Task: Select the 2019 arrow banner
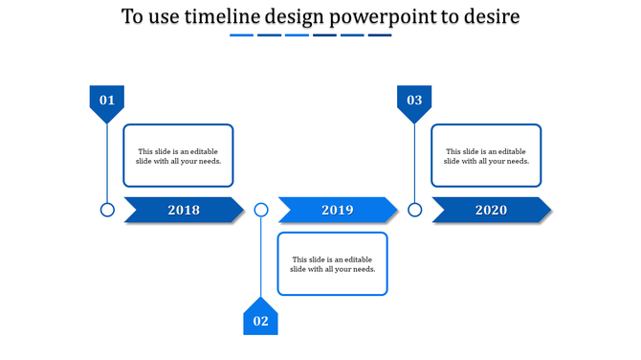point(338,210)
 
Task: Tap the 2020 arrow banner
point(491,210)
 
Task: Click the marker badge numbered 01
point(107,101)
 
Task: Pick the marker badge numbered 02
point(260,319)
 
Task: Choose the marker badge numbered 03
point(414,101)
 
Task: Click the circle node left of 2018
point(107,210)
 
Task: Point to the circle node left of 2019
point(261,210)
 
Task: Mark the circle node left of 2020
point(414,210)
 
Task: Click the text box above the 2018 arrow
point(178,155)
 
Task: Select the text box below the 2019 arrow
point(332,263)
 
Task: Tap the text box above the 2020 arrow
point(486,155)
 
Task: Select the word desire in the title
point(492,17)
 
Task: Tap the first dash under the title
point(241,35)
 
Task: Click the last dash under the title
point(380,35)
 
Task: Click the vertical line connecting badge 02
point(261,257)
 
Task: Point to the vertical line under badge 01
point(107,163)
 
